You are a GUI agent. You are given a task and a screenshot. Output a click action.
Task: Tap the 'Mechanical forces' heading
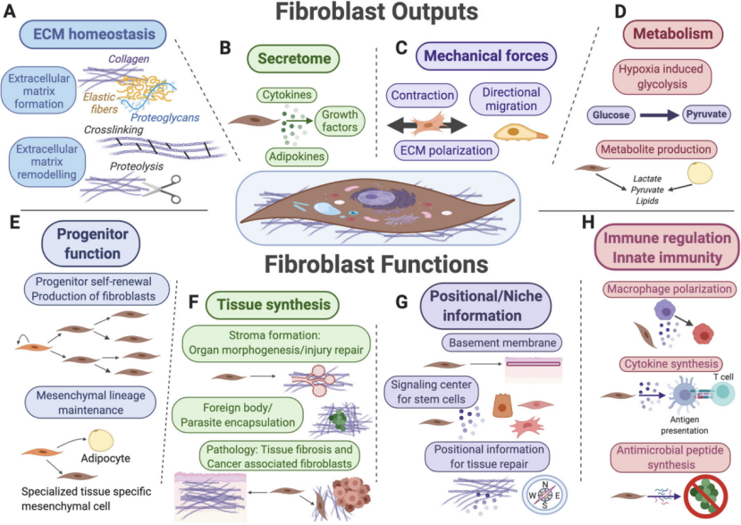486,55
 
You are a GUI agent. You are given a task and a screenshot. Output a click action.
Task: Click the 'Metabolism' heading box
672,35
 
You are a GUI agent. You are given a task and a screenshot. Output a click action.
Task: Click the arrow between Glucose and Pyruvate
660,114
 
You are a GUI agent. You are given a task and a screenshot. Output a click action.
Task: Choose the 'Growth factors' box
339,121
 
